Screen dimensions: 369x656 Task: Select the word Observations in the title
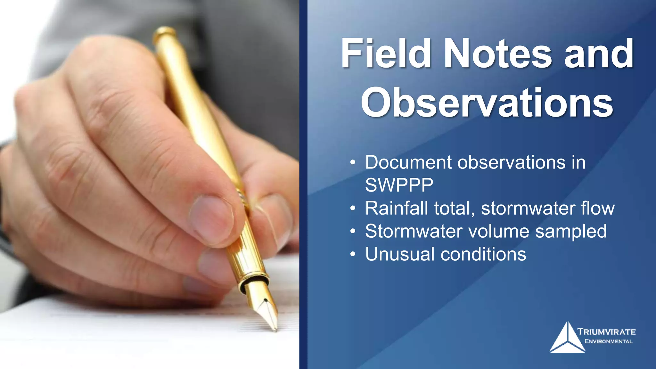click(487, 102)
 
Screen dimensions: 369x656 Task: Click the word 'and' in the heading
click(598, 53)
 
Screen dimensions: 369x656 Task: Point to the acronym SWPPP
click(399, 185)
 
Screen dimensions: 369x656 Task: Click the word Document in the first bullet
click(408, 162)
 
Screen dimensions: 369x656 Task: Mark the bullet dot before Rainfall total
click(353, 209)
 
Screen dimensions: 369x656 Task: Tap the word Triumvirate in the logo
click(606, 332)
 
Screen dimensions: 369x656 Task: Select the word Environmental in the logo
click(608, 341)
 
